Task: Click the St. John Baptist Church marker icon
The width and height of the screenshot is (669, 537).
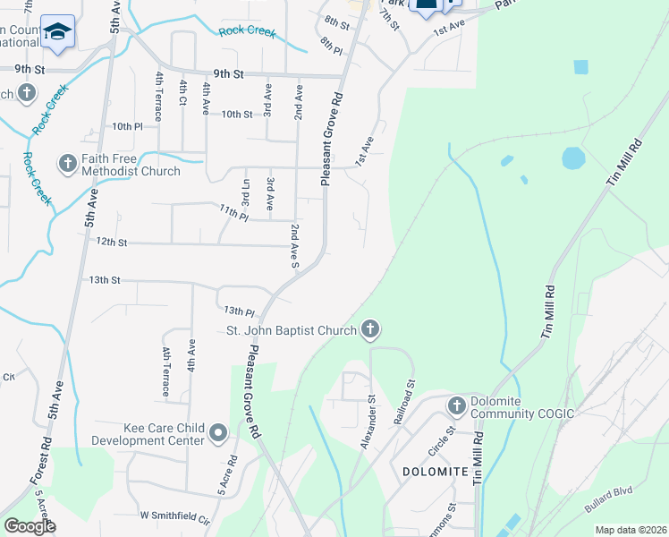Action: (x=370, y=330)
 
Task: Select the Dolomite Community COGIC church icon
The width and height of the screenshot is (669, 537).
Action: (x=457, y=406)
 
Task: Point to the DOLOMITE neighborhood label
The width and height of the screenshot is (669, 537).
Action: (x=436, y=472)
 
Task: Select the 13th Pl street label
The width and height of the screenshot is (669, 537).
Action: (x=239, y=311)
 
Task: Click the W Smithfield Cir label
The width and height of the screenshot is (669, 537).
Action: (x=174, y=516)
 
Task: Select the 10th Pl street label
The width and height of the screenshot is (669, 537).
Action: (x=127, y=127)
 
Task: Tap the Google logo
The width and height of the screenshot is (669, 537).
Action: (x=30, y=525)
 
